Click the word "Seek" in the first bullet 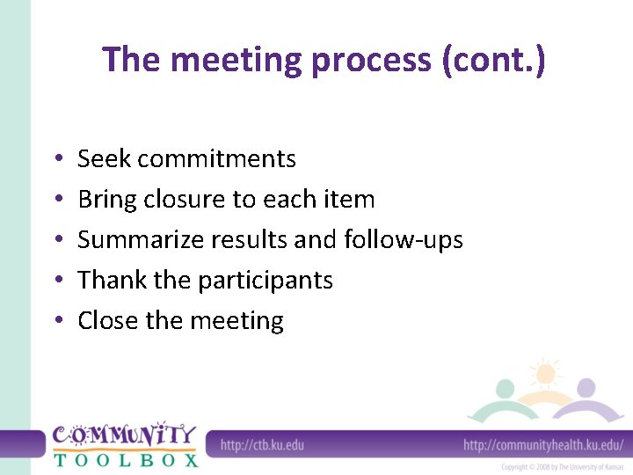105,159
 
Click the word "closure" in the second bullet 184,200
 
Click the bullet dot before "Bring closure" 55,201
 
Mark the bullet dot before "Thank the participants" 55,281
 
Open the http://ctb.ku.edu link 262,444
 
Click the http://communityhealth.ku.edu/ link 543,444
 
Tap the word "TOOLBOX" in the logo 126,458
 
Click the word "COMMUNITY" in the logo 124,435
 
